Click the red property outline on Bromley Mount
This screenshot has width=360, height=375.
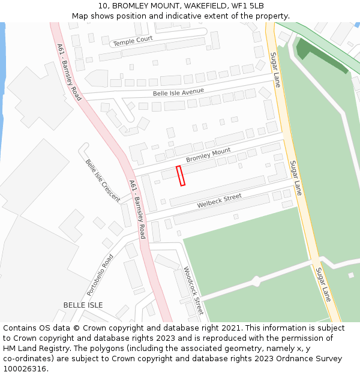click(181, 176)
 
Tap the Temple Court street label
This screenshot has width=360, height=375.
click(133, 40)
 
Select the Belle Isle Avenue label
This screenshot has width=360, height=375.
click(178, 92)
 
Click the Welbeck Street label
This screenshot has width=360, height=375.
click(219, 201)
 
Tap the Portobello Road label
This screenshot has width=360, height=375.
click(100, 275)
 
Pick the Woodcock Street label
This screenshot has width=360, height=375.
click(194, 290)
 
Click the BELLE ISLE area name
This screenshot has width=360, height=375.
click(83, 305)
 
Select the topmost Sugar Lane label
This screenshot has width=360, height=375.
click(275, 70)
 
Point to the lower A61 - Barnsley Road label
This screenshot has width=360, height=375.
click(137, 209)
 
